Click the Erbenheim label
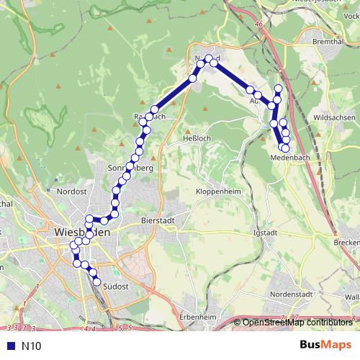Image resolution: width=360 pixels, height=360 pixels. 199,317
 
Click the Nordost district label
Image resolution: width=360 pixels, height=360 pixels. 72,192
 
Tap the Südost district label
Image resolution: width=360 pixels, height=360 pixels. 115,287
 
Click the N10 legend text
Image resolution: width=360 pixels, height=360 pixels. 32,346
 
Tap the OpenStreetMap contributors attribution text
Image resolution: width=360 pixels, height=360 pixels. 297,323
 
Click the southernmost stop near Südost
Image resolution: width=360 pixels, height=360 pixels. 97,282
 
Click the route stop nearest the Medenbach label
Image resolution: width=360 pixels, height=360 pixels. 285,148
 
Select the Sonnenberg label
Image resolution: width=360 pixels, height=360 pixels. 130,168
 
